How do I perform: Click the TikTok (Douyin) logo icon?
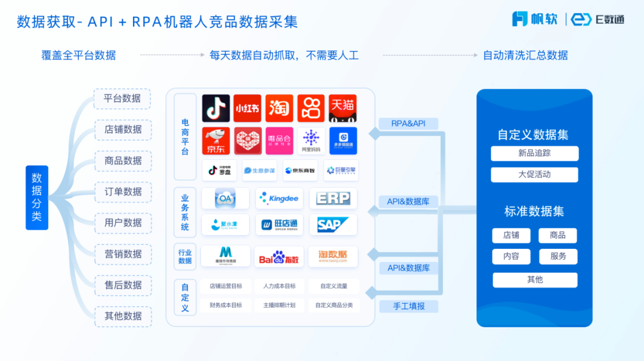(x=216, y=108)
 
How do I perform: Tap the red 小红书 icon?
(x=247, y=108)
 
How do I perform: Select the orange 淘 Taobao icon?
(x=279, y=108)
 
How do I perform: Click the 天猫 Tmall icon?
(x=343, y=108)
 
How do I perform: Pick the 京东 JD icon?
(x=216, y=141)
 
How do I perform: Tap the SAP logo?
(x=333, y=225)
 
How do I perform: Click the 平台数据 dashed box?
(x=122, y=98)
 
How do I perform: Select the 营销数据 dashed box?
(x=123, y=254)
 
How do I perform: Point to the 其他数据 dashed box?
(x=123, y=316)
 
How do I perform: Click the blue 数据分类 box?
(x=37, y=198)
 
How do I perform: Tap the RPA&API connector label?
(x=408, y=124)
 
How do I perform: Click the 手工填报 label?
(x=408, y=306)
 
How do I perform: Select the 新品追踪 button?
(x=534, y=153)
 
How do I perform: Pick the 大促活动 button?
(x=534, y=175)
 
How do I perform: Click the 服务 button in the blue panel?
(x=558, y=257)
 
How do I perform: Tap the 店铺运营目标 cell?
(x=226, y=286)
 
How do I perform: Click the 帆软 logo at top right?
(x=535, y=19)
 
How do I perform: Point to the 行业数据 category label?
(x=185, y=257)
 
